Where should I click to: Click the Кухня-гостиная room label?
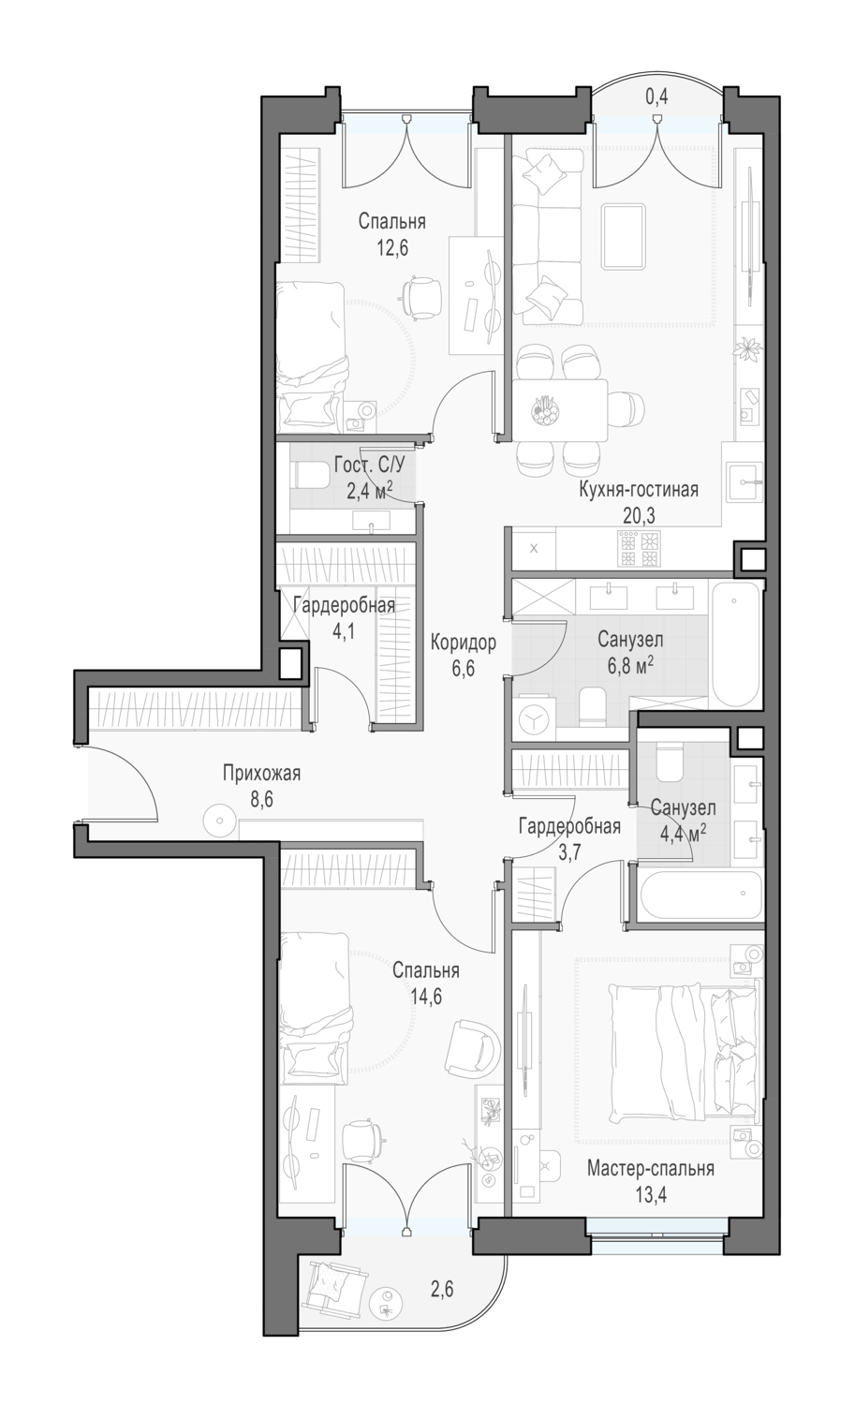click(638, 490)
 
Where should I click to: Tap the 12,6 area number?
click(392, 248)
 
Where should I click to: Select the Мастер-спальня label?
click(651, 1169)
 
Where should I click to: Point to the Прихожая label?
click(261, 774)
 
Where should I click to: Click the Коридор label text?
click(463, 643)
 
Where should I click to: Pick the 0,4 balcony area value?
click(656, 96)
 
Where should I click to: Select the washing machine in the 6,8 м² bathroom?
click(533, 720)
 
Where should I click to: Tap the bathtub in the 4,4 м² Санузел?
click(700, 894)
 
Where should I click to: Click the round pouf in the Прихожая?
click(219, 820)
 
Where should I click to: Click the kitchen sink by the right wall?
click(744, 481)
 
